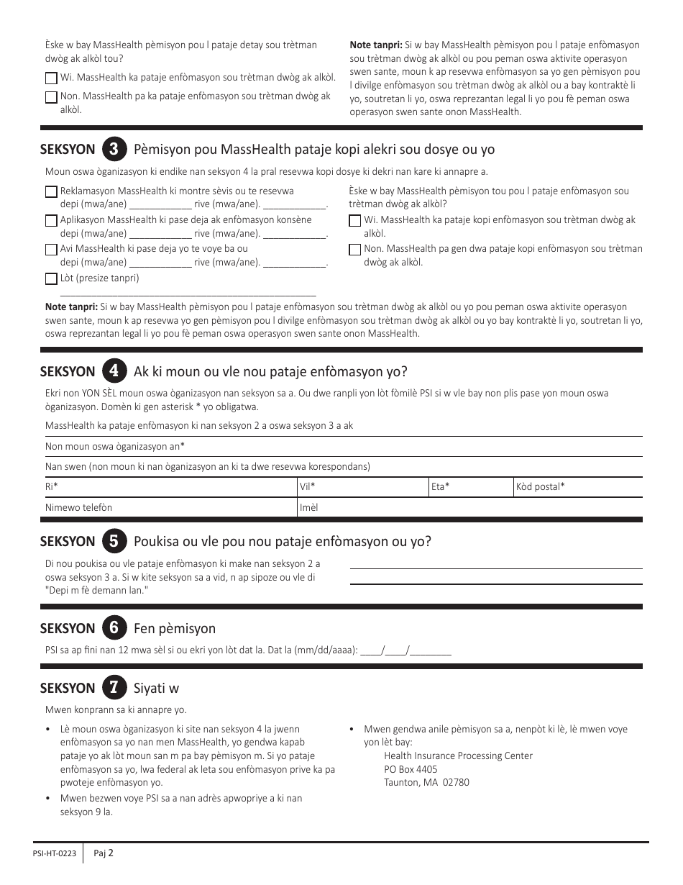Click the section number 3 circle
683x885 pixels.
112,150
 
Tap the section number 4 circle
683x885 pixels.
112,371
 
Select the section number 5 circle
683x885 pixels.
112,541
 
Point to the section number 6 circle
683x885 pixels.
112,628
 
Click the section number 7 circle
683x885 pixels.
112,688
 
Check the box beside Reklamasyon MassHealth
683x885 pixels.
51,192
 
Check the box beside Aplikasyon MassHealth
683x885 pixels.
51,221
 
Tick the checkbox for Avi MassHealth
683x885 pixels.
51,250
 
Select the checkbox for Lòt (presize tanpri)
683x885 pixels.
51,278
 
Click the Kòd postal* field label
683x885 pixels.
540,487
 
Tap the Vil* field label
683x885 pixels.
307,487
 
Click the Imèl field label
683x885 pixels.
308,507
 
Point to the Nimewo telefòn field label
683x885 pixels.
78,507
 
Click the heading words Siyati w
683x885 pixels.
156,689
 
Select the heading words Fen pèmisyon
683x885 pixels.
175,629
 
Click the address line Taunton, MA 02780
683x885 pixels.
426,782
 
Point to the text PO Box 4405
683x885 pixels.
411,769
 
